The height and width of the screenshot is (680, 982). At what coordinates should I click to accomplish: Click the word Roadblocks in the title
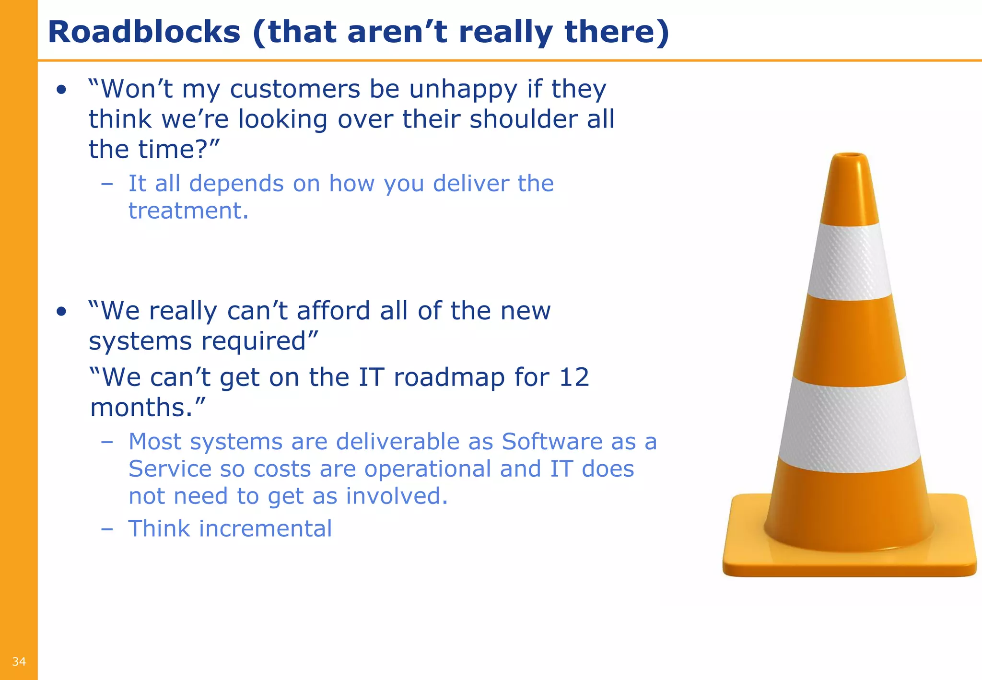[x=144, y=33]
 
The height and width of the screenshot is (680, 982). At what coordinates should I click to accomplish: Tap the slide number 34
[x=19, y=662]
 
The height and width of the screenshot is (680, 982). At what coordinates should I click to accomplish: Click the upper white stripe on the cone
[x=850, y=261]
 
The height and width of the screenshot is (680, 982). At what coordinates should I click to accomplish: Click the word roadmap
[x=449, y=377]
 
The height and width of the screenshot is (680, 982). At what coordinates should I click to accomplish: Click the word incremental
[x=265, y=529]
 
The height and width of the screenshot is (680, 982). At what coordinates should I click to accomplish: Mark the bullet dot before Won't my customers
[x=61, y=90]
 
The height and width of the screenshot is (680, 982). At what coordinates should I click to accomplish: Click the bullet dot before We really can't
[x=61, y=312]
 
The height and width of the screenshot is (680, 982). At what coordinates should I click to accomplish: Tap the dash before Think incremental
[x=107, y=529]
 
